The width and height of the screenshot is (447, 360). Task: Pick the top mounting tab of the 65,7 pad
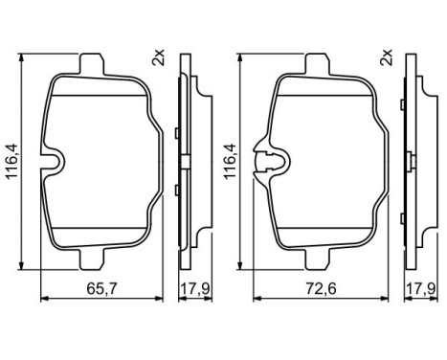pos(91,66)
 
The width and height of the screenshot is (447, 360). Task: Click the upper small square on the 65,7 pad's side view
pos(179,130)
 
